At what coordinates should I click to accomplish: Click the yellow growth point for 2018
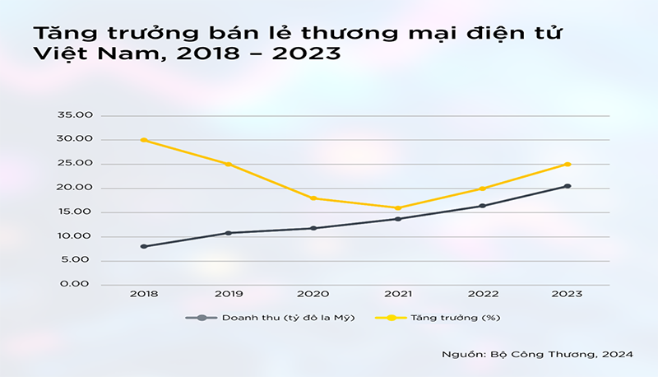pyautogui.click(x=144, y=140)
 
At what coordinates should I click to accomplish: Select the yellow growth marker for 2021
pyautogui.click(x=398, y=207)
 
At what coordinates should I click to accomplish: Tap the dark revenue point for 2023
pyautogui.click(x=568, y=186)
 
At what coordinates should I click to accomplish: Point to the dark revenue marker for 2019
pyautogui.click(x=229, y=233)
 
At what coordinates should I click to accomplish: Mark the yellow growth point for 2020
pyautogui.click(x=313, y=198)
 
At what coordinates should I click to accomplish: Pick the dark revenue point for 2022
pyautogui.click(x=483, y=206)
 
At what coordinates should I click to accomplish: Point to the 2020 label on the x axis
pyautogui.click(x=313, y=295)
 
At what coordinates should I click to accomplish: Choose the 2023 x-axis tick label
pyautogui.click(x=568, y=295)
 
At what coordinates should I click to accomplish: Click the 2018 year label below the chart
pyautogui.click(x=144, y=295)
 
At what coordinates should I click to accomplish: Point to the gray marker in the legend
pyautogui.click(x=201, y=318)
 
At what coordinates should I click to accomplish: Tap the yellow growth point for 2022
pyautogui.click(x=483, y=188)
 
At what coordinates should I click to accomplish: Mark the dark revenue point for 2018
pyautogui.click(x=144, y=246)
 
